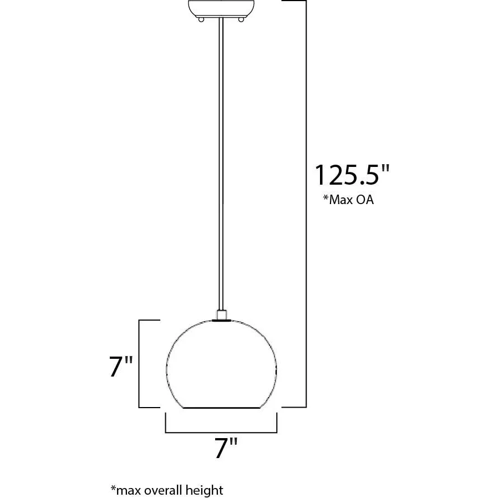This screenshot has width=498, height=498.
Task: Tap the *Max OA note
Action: click(348, 200)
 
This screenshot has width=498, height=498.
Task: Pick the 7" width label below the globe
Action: click(226, 448)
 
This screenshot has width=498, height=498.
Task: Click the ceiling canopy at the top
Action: click(221, 8)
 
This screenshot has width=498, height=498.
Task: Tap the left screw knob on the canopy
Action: click(201, 19)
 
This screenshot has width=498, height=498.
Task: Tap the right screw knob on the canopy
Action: click(241, 19)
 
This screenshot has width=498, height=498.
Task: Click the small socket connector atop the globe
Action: click(222, 315)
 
